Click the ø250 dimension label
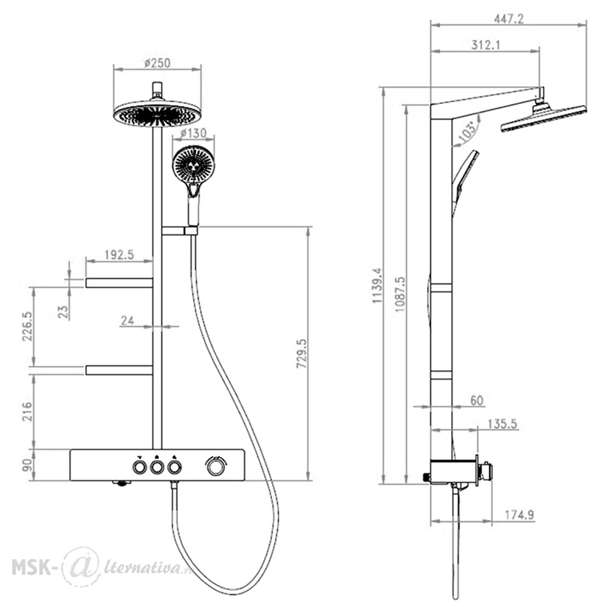point(157,63)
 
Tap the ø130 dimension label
point(194,134)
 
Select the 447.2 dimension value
point(509,19)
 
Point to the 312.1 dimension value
point(486,46)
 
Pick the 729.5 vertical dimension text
point(302,353)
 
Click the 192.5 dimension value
point(119,255)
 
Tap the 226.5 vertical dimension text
point(27,327)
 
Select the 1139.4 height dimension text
point(377,285)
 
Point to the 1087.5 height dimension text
point(399,294)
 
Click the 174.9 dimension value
point(520,515)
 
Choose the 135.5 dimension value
point(502,424)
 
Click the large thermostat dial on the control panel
point(214,466)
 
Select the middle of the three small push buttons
point(157,467)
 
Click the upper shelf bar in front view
point(119,283)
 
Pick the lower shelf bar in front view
point(119,370)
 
